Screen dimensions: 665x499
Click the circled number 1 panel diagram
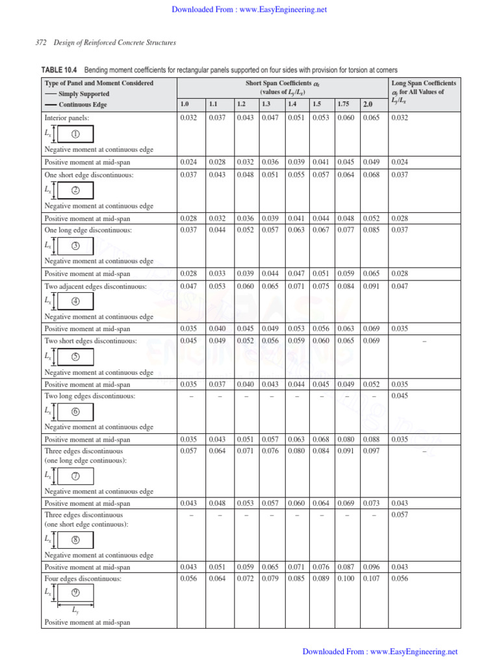coord(75,134)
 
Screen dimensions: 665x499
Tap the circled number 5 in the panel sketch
coord(75,357)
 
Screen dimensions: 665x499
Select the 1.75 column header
coord(344,104)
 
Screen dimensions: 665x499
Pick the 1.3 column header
coord(266,104)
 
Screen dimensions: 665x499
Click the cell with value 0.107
coord(370,577)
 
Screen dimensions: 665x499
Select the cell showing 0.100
coord(346,577)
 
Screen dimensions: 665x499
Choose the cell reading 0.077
coord(346,230)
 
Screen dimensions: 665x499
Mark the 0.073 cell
coord(370,503)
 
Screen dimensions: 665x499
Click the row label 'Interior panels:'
coord(66,118)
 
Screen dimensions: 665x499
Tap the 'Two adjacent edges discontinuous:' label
coord(95,286)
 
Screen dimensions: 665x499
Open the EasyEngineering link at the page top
coord(249,10)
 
